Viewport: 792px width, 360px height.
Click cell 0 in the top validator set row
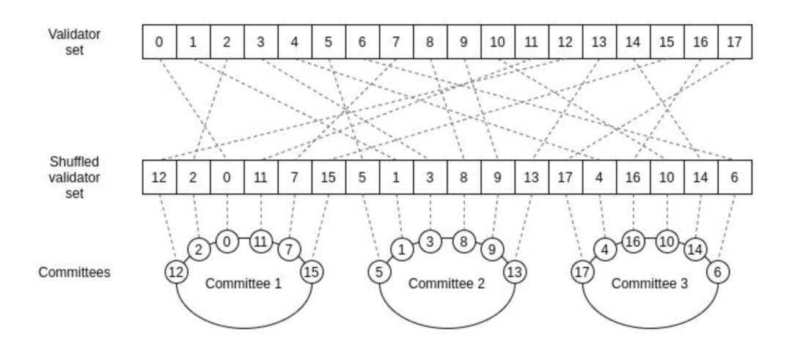tap(159, 42)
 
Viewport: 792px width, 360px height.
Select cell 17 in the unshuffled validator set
tap(735, 42)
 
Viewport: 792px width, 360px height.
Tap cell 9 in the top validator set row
tap(463, 42)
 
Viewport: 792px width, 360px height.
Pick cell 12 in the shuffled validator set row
tap(159, 177)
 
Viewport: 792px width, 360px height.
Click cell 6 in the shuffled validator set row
tap(735, 177)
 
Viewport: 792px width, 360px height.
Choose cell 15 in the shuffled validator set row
tap(329, 177)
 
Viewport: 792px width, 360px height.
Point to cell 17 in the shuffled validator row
tap(565, 177)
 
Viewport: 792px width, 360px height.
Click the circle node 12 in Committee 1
tap(176, 272)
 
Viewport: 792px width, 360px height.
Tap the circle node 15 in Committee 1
tap(312, 272)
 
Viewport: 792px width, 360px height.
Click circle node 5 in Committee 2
tap(379, 272)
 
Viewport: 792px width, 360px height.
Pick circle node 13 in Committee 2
tap(515, 272)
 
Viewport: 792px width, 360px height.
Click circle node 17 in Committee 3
tap(582, 272)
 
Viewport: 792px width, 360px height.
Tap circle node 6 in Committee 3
tap(717, 272)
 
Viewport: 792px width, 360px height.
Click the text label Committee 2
tap(447, 283)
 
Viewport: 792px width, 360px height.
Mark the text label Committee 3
tap(650, 283)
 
